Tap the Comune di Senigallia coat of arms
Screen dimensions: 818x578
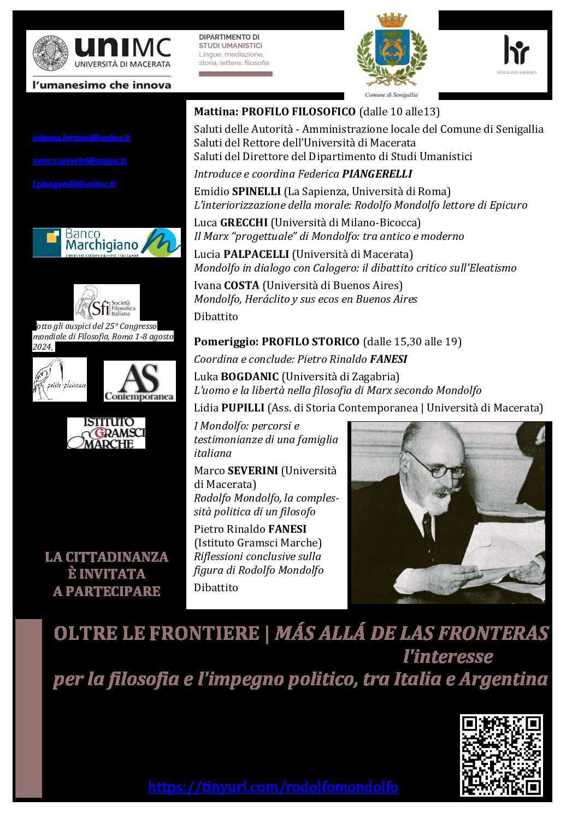(x=392, y=53)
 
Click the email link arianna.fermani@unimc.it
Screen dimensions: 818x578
(x=81, y=138)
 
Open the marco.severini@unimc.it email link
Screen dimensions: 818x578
(x=80, y=161)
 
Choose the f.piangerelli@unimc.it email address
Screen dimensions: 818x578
(x=74, y=184)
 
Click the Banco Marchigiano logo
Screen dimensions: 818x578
(x=107, y=243)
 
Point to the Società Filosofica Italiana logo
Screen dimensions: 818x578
(x=107, y=302)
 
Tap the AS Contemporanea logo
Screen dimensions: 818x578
(x=140, y=381)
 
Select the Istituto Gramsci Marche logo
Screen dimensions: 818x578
(x=107, y=433)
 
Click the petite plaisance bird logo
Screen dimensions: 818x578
(x=60, y=380)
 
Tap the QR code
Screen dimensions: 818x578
(x=502, y=755)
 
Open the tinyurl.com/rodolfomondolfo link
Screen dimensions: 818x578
(x=273, y=787)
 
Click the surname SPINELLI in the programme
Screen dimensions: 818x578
(x=256, y=192)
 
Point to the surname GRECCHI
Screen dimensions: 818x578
(x=244, y=223)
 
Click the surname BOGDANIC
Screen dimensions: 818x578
(x=250, y=376)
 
